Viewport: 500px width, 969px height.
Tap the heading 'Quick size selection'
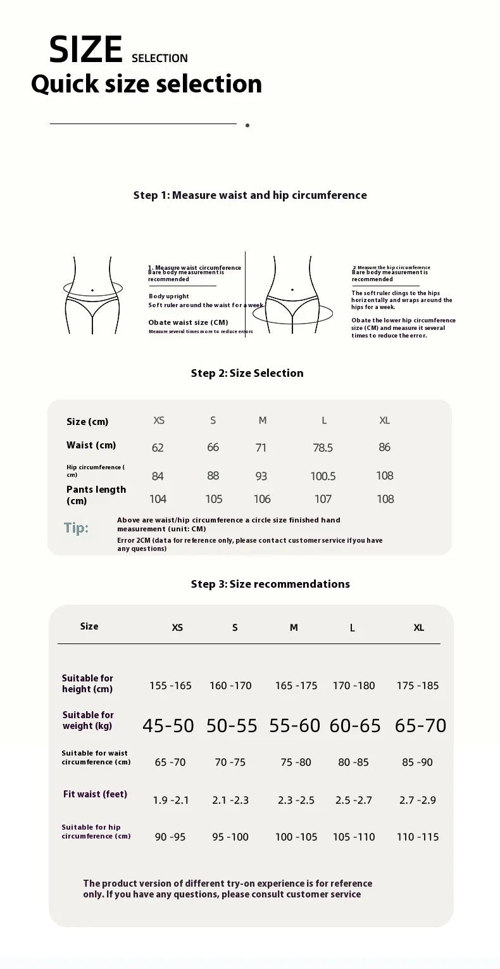[146, 84]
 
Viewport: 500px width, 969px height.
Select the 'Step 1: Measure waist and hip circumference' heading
[250, 195]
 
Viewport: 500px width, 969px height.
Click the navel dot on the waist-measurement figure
[92, 290]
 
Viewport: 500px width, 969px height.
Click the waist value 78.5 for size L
[323, 448]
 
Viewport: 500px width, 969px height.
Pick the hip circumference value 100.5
[323, 476]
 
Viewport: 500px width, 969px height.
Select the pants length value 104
[158, 499]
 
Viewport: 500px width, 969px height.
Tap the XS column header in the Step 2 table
[159, 421]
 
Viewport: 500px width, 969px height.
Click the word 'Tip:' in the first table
[76, 528]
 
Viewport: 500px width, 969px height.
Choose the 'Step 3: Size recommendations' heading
[270, 584]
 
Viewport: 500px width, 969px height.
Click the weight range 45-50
[168, 726]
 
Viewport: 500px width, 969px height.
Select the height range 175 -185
[418, 685]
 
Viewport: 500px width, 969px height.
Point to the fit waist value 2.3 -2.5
[296, 800]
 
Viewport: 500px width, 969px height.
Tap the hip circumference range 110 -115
[418, 837]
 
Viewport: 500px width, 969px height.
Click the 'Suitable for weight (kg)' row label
[88, 720]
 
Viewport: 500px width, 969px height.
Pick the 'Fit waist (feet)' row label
[95, 794]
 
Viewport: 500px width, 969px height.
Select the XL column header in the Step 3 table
[419, 628]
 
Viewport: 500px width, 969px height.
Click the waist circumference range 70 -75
[230, 762]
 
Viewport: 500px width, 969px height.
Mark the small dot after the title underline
[247, 125]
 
